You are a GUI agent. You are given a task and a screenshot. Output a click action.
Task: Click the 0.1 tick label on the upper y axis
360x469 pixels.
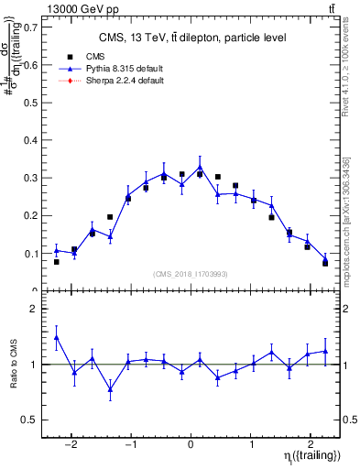(31, 253)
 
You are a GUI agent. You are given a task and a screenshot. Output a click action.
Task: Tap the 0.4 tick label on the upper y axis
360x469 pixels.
(31, 139)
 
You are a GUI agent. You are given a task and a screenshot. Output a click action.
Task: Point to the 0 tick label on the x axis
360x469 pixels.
(191, 437)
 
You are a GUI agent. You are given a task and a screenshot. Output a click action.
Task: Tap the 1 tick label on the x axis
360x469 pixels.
(251, 437)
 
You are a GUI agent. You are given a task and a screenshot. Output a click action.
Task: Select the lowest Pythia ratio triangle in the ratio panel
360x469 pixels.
(110, 389)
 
